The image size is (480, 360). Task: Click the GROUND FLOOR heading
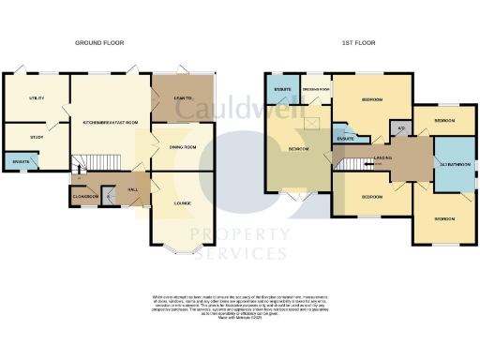click(99, 43)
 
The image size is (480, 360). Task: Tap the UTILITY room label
click(37, 97)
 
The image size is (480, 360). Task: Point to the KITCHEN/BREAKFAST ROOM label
click(111, 123)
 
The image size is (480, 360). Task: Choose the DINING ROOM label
click(183, 148)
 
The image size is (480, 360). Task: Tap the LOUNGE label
click(184, 202)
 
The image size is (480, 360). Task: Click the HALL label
click(133, 189)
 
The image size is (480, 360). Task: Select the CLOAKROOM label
click(85, 196)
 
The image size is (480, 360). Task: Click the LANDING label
click(382, 158)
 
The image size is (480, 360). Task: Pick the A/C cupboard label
click(401, 127)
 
